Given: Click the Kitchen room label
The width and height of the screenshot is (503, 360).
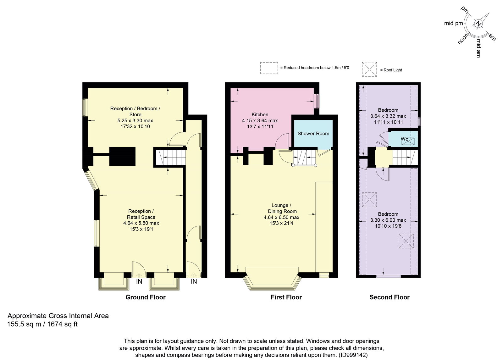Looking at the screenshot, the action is click(x=260, y=114).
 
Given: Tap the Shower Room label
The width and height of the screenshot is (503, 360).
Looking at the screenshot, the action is click(x=313, y=134).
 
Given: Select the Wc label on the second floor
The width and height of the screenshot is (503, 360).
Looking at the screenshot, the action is click(x=404, y=139).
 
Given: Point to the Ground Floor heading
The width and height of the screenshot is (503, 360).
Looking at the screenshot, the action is click(x=146, y=297).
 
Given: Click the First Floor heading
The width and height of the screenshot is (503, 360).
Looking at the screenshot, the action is click(x=286, y=297).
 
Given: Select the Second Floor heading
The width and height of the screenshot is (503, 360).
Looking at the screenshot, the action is click(x=390, y=297).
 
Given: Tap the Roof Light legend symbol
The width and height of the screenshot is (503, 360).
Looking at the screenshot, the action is click(x=369, y=69).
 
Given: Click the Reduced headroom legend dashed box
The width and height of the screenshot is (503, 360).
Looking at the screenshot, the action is click(x=269, y=68).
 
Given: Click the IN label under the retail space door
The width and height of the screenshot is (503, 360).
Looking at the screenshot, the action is click(x=139, y=281).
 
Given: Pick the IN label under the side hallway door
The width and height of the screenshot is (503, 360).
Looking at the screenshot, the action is click(x=194, y=281).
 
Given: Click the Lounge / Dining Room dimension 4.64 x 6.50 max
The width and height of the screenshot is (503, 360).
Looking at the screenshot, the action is click(x=281, y=217).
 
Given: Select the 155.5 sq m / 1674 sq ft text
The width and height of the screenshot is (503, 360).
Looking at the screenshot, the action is click(x=42, y=324).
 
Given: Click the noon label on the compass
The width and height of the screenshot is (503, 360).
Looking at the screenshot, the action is click(x=463, y=39).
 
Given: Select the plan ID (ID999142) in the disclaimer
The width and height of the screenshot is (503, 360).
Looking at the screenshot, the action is click(x=353, y=355).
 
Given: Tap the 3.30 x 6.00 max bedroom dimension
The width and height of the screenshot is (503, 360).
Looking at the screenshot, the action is click(x=388, y=220).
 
